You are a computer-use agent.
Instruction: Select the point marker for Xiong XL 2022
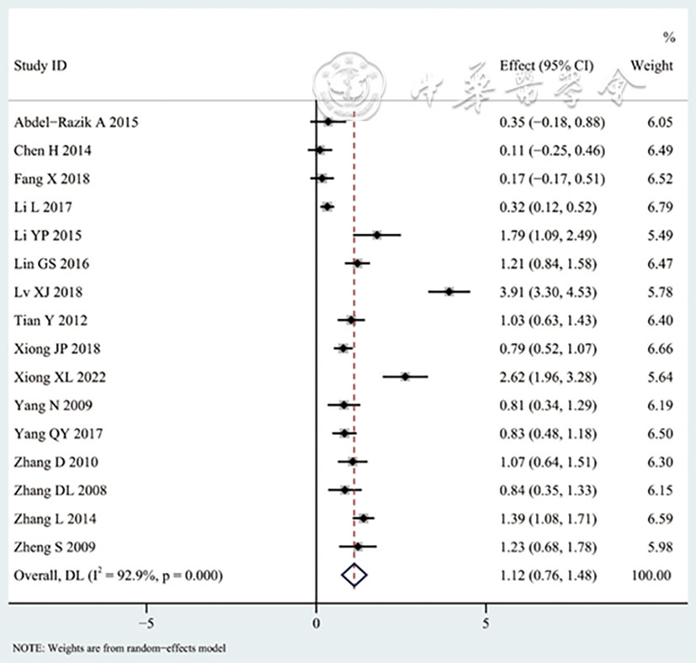coord(406,377)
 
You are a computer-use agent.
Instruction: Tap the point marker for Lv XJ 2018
coord(449,292)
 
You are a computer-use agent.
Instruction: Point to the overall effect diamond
coord(355,575)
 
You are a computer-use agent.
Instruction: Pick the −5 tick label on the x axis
coord(145,623)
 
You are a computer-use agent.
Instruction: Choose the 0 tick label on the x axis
coord(316,623)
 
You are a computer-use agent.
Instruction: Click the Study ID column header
coord(40,66)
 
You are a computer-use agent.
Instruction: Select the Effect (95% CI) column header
coord(552,66)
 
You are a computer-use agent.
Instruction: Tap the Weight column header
coord(652,66)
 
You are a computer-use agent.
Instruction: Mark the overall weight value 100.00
coord(652,575)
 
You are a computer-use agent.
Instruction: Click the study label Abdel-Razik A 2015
coord(76,122)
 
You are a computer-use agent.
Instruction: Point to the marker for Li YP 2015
coord(377,236)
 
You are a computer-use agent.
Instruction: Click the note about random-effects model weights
coord(120,648)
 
